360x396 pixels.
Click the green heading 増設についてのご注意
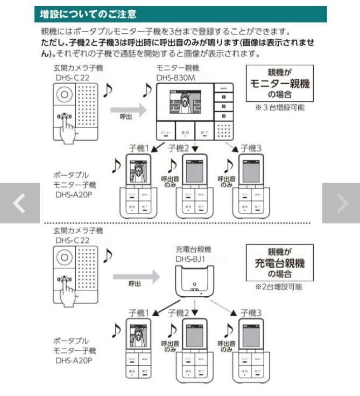point(89,13)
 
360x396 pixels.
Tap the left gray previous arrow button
point(19,203)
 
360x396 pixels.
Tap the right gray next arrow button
point(341,203)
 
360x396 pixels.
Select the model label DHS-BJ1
point(193,259)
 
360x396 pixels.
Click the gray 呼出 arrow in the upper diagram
point(129,110)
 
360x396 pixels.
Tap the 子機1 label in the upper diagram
point(139,148)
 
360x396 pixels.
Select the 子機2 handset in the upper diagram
point(194,186)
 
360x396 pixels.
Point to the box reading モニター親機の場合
point(279,83)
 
